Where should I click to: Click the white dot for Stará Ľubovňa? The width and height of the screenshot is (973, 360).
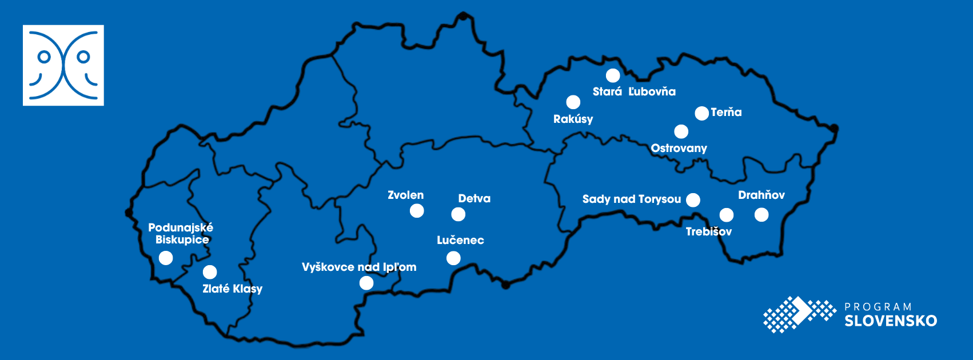point(613,75)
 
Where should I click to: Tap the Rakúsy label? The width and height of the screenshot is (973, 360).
point(573,119)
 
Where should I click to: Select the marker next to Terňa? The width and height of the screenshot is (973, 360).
point(701,113)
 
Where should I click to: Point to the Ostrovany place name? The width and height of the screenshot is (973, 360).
point(679,148)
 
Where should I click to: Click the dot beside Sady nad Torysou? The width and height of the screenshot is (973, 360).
point(693,199)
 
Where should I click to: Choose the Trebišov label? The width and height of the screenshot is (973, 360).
point(708,231)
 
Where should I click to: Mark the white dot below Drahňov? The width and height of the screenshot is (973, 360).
point(761,215)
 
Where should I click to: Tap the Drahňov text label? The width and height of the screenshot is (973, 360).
point(761,195)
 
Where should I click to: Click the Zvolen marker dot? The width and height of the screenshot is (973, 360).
point(417,211)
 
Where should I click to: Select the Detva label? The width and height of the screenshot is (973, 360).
point(474,198)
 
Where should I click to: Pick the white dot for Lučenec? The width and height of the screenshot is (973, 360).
point(453,258)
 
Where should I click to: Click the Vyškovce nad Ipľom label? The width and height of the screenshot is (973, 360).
point(359,267)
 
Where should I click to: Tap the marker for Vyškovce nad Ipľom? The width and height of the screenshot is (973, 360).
point(366,283)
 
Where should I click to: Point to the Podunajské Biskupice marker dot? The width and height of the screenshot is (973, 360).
point(166,258)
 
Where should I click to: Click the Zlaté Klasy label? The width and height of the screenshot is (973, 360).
point(232,289)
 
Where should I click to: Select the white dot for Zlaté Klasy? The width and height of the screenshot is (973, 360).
point(210,272)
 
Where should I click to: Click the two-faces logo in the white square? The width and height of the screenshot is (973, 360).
point(63,65)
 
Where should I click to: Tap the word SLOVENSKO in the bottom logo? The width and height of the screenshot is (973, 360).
point(891,321)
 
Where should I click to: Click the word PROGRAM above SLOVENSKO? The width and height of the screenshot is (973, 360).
point(878,307)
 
